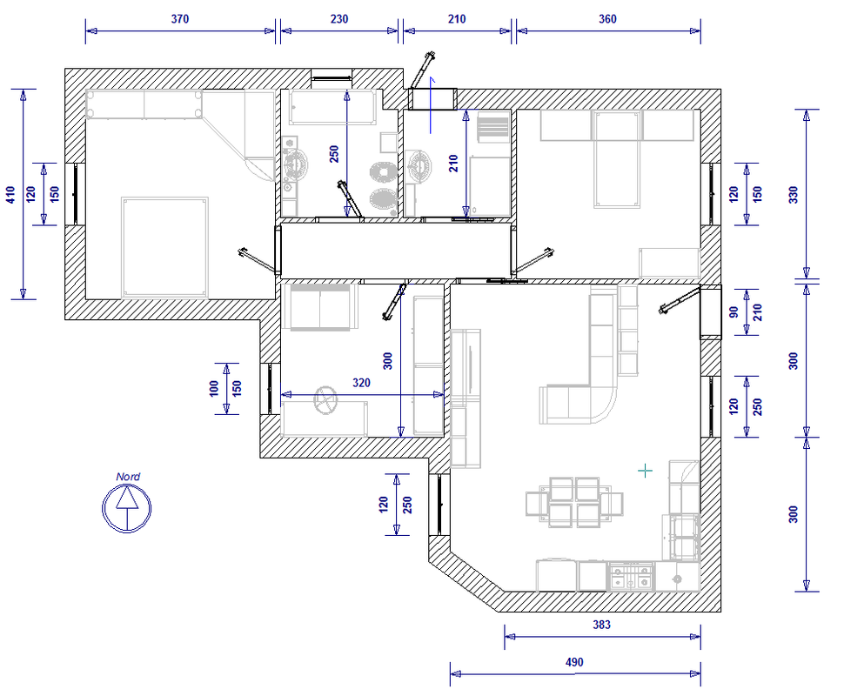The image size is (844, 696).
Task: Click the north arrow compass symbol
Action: pos(126,507)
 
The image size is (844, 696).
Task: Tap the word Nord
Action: pos(128,477)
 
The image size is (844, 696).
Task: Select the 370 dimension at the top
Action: pos(180,19)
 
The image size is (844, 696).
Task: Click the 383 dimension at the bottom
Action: pos(602,625)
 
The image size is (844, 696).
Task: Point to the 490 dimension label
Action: pos(574,662)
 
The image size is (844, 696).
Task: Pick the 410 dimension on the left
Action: pos(10,194)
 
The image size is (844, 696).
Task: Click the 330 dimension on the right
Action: pos(794,194)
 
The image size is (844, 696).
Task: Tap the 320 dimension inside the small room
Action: pos(361,383)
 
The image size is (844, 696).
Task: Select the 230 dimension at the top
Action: pos(339,19)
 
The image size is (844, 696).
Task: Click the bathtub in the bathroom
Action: pos(332,107)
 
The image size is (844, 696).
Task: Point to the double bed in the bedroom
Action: pos(164,247)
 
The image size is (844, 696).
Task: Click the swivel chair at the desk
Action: pos(325,400)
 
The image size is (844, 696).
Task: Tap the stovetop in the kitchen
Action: pos(632,576)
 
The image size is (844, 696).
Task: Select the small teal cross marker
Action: pos(645,471)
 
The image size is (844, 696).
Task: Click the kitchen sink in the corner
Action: pos(678,579)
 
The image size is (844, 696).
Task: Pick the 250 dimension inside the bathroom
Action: pos(334,154)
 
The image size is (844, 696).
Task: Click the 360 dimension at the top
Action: pos(607,19)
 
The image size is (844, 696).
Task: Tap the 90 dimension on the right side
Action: pos(733,312)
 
